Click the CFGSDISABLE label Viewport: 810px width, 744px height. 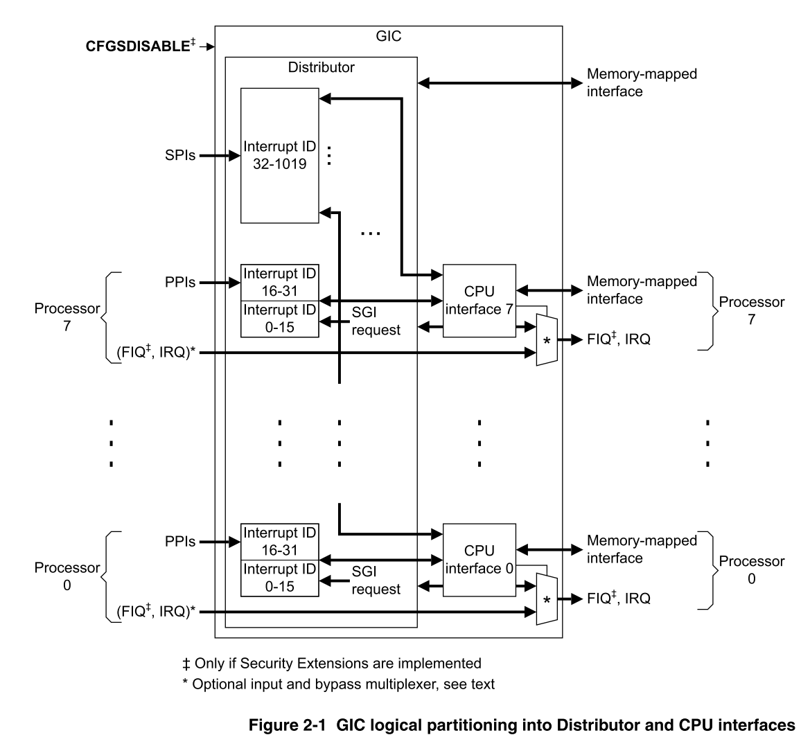point(138,46)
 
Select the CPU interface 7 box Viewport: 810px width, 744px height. point(479,300)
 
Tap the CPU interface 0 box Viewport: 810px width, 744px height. point(479,560)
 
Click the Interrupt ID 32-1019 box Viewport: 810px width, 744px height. point(280,156)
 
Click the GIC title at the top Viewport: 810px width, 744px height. point(388,36)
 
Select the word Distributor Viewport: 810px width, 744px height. point(321,67)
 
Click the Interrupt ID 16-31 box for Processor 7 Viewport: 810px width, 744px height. point(280,282)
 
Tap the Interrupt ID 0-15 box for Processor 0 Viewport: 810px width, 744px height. point(280,578)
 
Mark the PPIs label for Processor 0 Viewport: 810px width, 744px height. point(180,542)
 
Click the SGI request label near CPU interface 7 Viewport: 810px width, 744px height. point(376,321)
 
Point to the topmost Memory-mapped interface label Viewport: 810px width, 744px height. point(641,82)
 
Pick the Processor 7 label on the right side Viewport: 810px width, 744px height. point(751,311)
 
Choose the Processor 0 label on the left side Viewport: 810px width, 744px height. point(67,576)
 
